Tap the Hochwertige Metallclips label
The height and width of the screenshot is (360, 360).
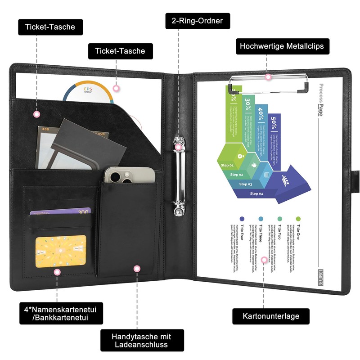(282, 46)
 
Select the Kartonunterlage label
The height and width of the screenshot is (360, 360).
(271, 316)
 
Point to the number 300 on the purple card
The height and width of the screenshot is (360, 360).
(83, 211)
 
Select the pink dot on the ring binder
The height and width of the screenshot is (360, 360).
(179, 147)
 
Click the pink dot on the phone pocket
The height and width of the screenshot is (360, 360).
(137, 269)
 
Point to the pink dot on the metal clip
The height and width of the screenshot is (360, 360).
(268, 77)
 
